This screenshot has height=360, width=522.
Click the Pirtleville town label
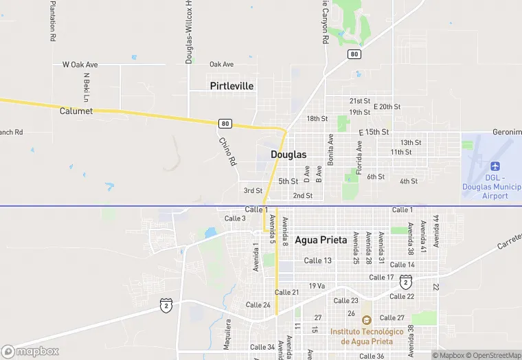pyautogui.click(x=231, y=86)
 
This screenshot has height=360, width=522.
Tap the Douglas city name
pyautogui.click(x=288, y=155)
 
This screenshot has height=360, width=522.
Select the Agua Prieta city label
pyautogui.click(x=321, y=240)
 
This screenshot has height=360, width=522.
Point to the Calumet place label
pyautogui.click(x=76, y=111)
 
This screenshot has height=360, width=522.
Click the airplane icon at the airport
pyautogui.click(x=495, y=167)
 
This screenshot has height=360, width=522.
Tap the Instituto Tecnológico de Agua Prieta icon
pyautogui.click(x=366, y=320)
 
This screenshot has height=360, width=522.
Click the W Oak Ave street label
pyautogui.click(x=80, y=65)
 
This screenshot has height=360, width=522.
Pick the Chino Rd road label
pyautogui.click(x=227, y=151)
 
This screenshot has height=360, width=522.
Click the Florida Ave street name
pyautogui.click(x=359, y=157)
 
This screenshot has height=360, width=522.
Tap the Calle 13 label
pyautogui.click(x=318, y=260)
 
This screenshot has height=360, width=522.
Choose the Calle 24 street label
pyautogui.click(x=258, y=305)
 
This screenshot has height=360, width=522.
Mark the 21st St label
pyautogui.click(x=359, y=101)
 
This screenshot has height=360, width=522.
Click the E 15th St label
pyautogui.click(x=374, y=131)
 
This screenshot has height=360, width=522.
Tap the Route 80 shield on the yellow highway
pyautogui.click(x=225, y=124)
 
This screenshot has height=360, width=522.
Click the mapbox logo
pyautogui.click(x=30, y=351)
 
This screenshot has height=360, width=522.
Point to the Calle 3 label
pyautogui.click(x=235, y=218)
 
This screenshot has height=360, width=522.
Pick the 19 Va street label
pyautogui.click(x=317, y=286)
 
